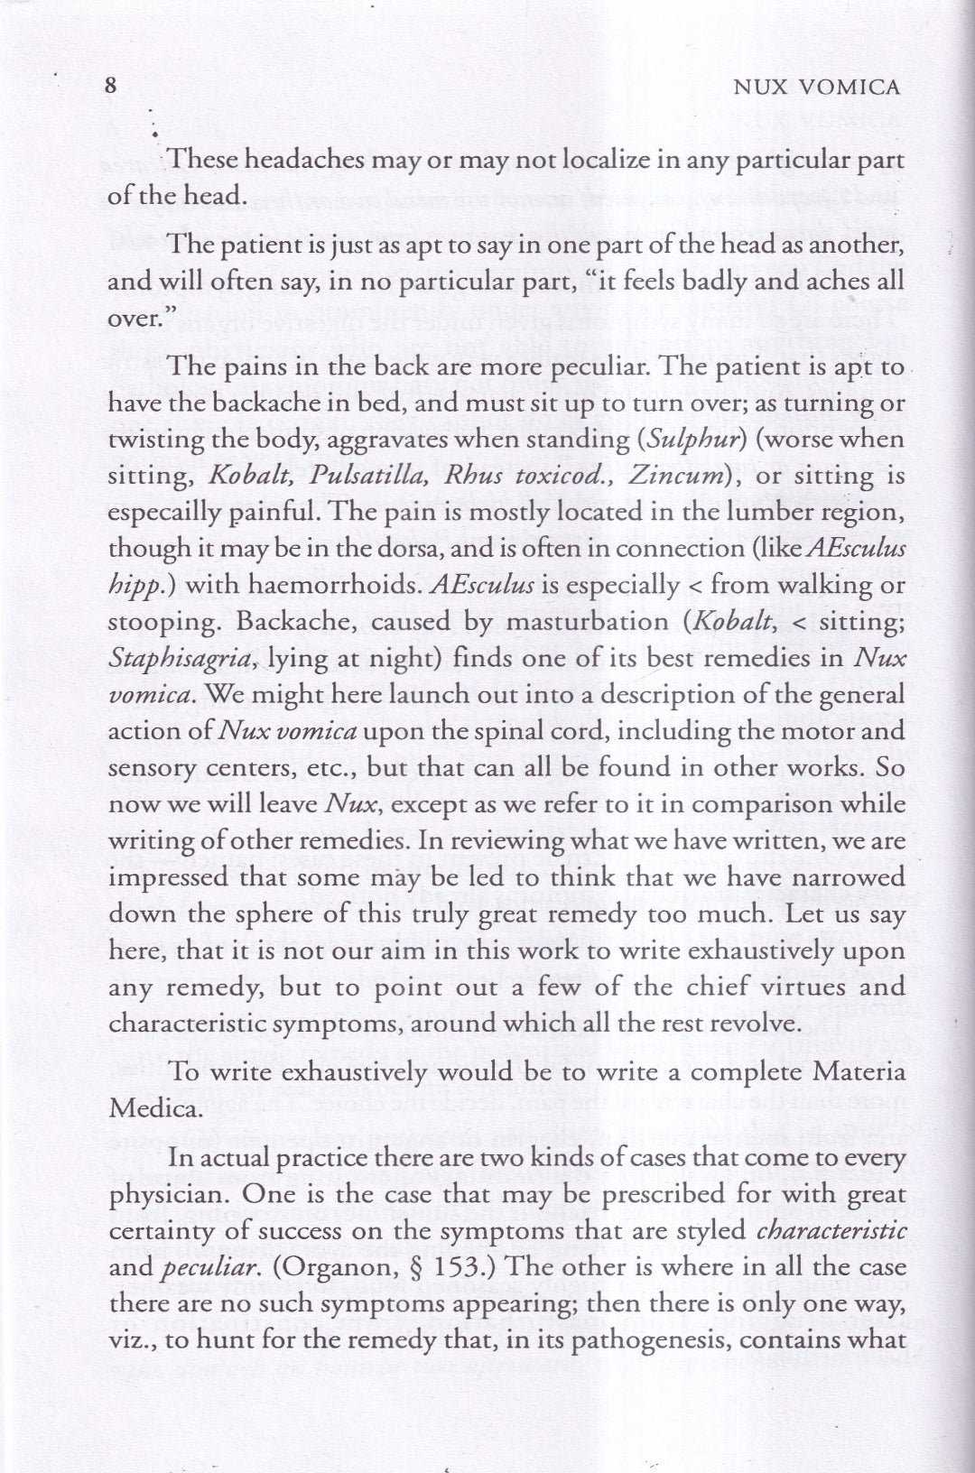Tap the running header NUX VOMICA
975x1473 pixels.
tap(817, 87)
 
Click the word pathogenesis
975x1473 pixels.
tap(651, 1340)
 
